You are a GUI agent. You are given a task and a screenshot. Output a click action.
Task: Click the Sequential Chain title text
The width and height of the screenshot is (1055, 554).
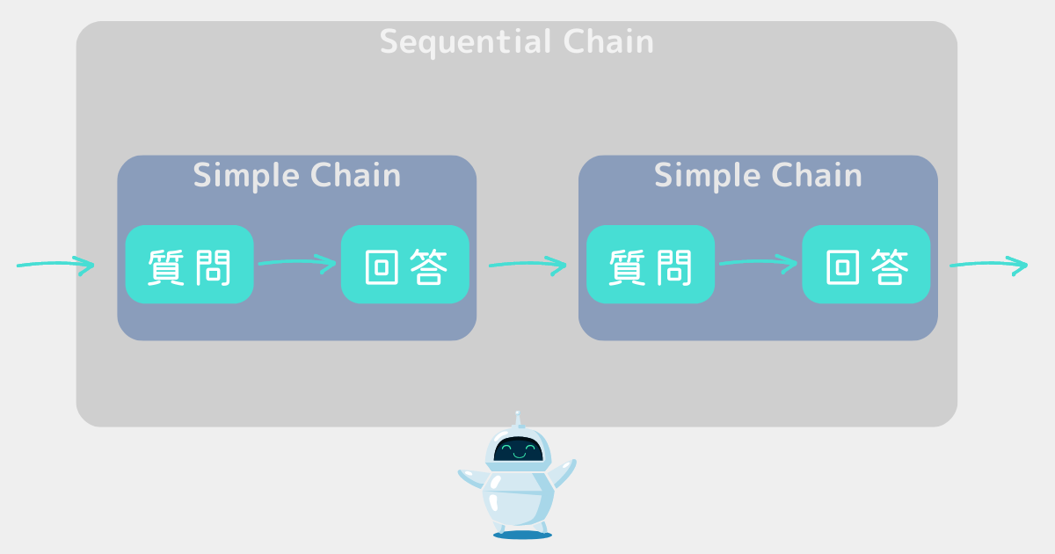(517, 42)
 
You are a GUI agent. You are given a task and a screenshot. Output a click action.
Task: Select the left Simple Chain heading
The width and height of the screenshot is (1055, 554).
(297, 175)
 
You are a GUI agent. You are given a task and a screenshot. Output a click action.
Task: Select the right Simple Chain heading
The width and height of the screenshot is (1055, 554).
(758, 175)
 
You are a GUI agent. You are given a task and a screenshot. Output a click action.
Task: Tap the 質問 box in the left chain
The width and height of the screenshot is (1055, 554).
(189, 265)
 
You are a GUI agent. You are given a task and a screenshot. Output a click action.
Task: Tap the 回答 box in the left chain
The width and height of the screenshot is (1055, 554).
(405, 265)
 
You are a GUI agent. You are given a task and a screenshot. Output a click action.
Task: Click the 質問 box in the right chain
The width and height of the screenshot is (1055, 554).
(651, 265)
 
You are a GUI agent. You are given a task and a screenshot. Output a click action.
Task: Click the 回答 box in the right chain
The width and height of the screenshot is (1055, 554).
(866, 265)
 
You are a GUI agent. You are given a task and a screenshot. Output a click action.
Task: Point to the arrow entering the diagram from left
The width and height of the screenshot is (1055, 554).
(55, 264)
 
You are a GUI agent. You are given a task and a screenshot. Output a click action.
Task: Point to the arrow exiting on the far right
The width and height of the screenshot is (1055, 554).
(988, 264)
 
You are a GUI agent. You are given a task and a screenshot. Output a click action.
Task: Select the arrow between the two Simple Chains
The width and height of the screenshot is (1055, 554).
(527, 264)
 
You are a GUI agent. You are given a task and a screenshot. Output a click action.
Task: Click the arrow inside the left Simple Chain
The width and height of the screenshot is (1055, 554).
(297, 262)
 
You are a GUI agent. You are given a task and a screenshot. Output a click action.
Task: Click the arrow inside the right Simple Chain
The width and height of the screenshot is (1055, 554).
(758, 262)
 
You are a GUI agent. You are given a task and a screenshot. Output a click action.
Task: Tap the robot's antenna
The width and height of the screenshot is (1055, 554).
(519, 419)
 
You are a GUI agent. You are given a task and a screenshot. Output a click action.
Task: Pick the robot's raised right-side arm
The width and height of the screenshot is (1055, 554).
(562, 475)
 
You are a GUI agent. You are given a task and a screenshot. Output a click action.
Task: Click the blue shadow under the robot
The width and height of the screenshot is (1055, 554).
(522, 534)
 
